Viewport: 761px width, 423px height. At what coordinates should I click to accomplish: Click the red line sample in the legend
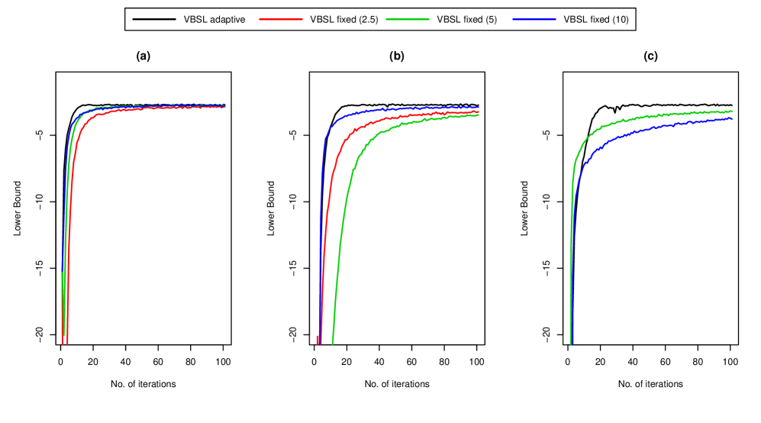click(281, 19)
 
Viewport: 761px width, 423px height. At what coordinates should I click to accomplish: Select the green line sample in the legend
click(408, 19)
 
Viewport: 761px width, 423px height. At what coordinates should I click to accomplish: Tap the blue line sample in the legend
click(534, 19)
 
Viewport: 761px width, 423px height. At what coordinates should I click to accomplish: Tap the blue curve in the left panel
click(153, 106)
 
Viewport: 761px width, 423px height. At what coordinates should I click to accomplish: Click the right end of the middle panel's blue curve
click(479, 107)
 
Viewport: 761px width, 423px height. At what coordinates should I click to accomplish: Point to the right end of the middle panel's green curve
click(479, 115)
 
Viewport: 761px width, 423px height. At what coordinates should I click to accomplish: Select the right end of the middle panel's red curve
click(479, 111)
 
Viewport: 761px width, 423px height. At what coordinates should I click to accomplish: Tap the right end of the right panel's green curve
click(732, 111)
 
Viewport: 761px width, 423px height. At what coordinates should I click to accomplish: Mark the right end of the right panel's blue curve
click(732, 118)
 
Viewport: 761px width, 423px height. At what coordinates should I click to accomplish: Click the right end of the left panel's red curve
click(225, 107)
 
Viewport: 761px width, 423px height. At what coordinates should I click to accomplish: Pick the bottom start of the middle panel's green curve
click(332, 344)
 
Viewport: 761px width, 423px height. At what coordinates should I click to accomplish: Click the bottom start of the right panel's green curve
click(570, 344)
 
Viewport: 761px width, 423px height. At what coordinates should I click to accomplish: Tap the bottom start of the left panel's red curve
click(67, 344)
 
